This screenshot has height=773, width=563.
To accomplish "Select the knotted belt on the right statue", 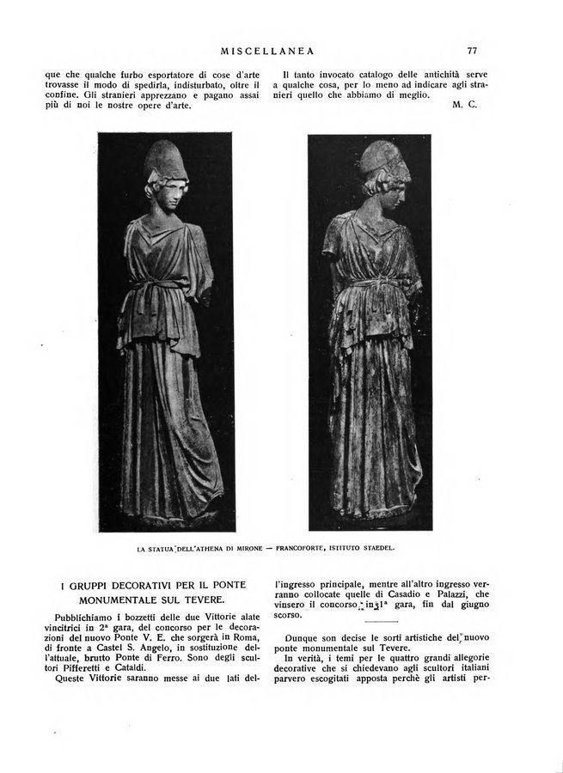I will point(371,285).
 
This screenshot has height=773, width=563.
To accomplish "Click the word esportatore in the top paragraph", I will point(158,75).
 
